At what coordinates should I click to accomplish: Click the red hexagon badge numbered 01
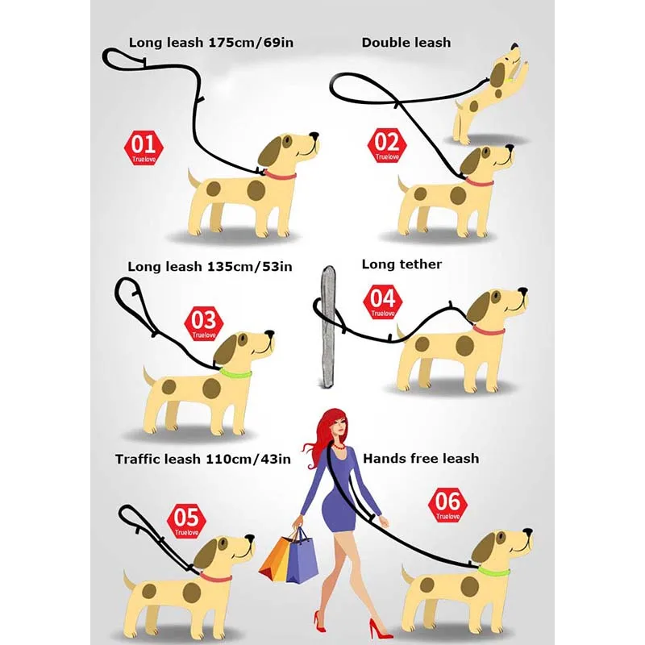pos(143,148)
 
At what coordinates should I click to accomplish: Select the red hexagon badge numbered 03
pos(204,323)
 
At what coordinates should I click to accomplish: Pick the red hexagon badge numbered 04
pos(382,301)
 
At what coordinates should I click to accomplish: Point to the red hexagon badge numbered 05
pos(186,521)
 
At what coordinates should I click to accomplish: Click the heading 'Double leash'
pos(406,42)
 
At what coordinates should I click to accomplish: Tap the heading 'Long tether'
pos(402,264)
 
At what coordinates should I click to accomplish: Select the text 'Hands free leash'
pos(421,458)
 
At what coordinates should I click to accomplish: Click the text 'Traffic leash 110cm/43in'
pos(202,459)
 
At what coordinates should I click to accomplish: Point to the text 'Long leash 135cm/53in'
pos(210,266)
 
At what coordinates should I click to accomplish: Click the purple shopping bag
pos(303,556)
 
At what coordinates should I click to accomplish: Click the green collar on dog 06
pos(493,571)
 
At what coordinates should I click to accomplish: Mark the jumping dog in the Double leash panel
pos(489,93)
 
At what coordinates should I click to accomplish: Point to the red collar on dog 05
pos(215,576)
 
